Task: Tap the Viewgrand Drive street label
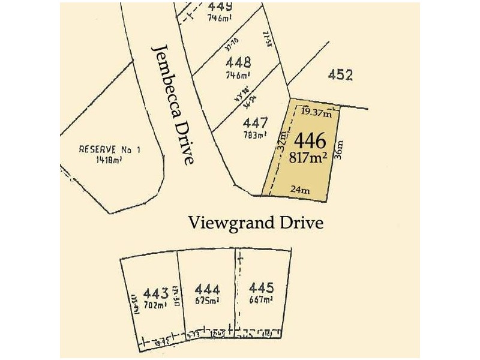[x=256, y=223]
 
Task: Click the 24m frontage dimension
[x=300, y=190]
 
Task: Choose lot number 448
[x=238, y=62]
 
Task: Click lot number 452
[x=340, y=75]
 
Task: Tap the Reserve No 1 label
[x=110, y=150]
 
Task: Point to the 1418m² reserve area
[x=109, y=160]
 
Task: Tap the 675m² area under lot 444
[x=206, y=300]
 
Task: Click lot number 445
[x=262, y=288]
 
